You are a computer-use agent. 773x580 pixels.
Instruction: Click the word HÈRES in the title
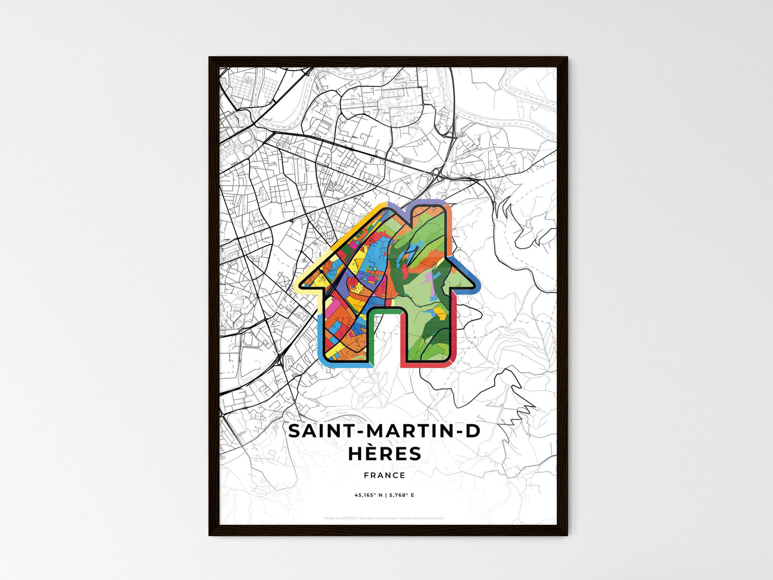pyautogui.click(x=385, y=454)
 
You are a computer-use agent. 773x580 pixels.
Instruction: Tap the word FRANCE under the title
pyautogui.click(x=385, y=475)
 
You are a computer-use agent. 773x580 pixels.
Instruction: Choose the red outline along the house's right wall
pyautogui.click(x=455, y=332)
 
